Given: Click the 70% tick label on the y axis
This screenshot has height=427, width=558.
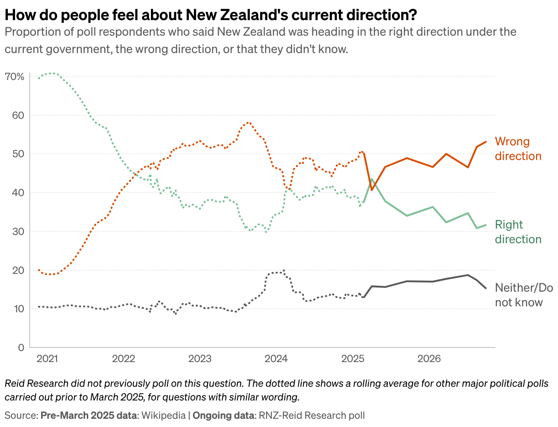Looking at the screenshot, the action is point(15,77).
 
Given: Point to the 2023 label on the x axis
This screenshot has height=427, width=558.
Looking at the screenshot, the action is point(200,358).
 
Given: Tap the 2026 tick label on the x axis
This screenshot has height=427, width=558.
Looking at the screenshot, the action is point(429,358).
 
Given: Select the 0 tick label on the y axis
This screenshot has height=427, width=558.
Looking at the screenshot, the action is point(21,347).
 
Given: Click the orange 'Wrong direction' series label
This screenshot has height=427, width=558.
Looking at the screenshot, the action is point(518,149).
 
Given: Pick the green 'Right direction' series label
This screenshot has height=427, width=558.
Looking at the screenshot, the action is point(518,232).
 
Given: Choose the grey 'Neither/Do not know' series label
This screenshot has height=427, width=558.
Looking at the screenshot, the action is point(524,295).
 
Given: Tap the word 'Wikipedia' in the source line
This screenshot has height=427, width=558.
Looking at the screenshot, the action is point(164,416).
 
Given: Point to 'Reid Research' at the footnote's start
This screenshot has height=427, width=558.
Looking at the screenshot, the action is point(37,384).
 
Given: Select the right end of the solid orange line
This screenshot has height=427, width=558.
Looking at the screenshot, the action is point(486,142).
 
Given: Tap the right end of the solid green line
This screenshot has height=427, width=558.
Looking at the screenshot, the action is point(486,225).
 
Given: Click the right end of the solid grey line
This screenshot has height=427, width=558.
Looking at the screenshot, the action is point(486,288).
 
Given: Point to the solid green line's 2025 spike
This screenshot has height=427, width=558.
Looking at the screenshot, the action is point(371,179).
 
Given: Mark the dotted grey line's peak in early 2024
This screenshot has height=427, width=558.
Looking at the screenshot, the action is point(284,271).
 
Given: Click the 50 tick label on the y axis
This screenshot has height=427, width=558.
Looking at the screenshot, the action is point(18,154).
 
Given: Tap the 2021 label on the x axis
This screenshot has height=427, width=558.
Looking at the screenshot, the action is point(47,358).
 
